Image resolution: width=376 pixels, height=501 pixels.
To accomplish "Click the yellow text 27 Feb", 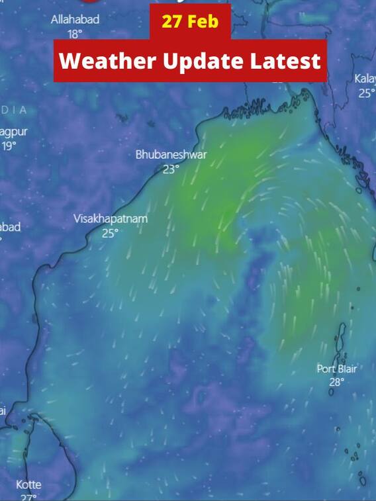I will click(x=190, y=22).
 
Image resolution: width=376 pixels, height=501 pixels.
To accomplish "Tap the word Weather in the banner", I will click(x=105, y=62).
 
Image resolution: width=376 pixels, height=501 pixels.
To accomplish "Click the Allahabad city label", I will click(x=75, y=20).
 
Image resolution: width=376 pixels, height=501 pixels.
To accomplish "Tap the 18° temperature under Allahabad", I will click(x=75, y=34).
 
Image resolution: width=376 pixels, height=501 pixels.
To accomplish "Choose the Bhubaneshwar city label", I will click(x=171, y=155).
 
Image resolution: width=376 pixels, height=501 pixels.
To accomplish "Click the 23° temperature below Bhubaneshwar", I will click(x=171, y=169).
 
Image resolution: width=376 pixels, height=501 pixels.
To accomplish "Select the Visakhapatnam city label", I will click(x=111, y=218).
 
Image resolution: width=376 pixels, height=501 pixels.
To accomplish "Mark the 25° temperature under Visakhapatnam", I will click(x=110, y=233).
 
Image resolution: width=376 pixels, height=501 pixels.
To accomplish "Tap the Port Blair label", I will click(x=336, y=369).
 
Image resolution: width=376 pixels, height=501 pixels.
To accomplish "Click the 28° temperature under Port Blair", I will click(x=336, y=382).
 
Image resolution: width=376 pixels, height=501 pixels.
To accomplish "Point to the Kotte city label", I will click(x=28, y=484).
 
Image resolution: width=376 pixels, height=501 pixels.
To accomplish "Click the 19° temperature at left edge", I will click(x=8, y=146).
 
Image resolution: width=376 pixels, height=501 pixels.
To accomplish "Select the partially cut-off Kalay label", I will click(x=365, y=79).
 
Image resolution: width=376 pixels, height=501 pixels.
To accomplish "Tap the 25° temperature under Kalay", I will click(x=366, y=93).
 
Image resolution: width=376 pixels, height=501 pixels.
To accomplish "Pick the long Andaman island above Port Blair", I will click(x=342, y=341).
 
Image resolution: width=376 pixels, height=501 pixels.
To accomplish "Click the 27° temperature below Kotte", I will click(x=28, y=497).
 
